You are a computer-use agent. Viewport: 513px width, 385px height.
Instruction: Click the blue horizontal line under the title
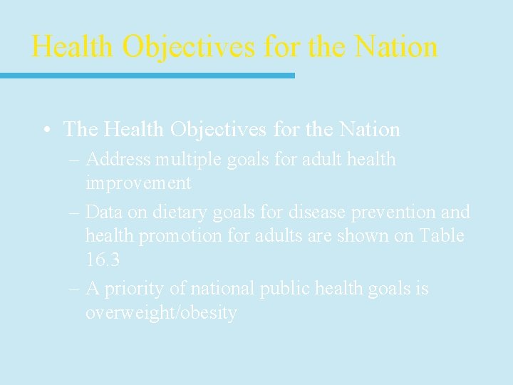click(x=147, y=75)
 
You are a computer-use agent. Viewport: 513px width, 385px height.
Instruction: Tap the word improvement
click(x=138, y=183)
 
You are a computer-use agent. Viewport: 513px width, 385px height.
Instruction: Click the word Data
click(x=105, y=212)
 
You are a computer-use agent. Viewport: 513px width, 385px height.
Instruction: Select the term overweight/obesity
click(x=161, y=313)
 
